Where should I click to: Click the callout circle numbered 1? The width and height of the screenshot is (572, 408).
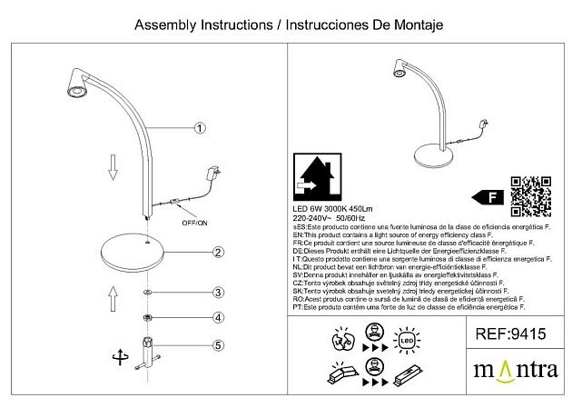[201, 128]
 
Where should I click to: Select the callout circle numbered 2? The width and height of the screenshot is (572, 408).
[218, 252]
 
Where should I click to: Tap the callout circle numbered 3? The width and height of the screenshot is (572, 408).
[218, 293]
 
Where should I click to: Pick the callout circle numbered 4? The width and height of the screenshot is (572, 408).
[218, 317]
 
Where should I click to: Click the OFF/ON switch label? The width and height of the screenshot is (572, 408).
[194, 222]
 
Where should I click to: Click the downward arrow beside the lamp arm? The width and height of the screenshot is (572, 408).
[113, 167]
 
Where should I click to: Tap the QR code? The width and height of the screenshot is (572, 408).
[530, 194]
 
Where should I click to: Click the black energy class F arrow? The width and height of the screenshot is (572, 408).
[490, 195]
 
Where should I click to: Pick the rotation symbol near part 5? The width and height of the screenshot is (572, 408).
[116, 358]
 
